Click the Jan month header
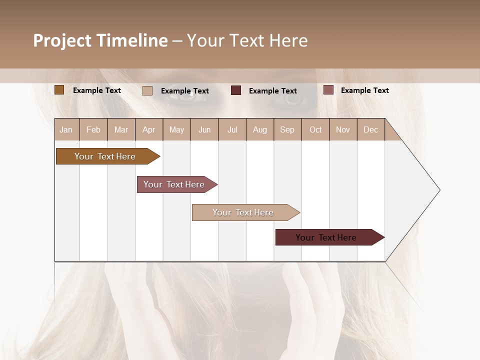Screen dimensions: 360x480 [66, 129]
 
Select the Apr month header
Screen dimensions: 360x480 [149, 129]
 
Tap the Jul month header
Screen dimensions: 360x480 [232, 129]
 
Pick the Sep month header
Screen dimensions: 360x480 [287, 129]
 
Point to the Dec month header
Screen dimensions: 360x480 [370, 129]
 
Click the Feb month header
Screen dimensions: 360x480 [93, 129]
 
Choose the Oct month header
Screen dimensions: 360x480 [315, 129]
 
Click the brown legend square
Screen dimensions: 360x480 [59, 90]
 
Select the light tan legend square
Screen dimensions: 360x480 [147, 90]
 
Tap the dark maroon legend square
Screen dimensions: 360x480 [236, 90]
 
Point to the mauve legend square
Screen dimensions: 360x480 [328, 90]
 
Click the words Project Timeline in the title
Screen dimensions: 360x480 [100, 40]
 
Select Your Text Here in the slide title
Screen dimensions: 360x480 [247, 40]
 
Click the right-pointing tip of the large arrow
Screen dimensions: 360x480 [438, 190]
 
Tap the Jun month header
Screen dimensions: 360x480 [204, 129]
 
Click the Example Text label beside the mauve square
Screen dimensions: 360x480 [364, 90]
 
